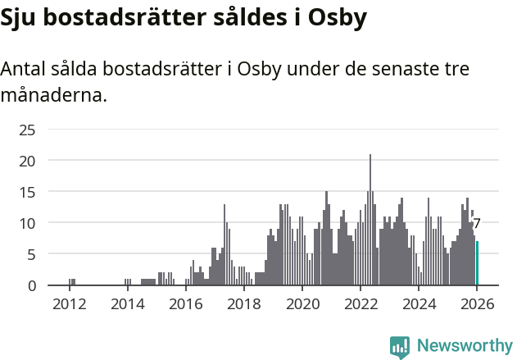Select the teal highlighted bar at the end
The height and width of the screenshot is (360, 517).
tap(477, 263)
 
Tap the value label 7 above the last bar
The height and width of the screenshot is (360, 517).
tap(477, 223)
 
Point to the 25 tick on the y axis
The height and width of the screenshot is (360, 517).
tap(27, 130)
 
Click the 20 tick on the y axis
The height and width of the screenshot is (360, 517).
tap(27, 161)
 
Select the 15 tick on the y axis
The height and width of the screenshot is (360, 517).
tap(27, 192)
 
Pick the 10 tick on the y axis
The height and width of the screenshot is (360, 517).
tap(27, 223)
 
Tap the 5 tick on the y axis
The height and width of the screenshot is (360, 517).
tap(31, 254)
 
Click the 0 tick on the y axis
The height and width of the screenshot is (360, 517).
tap(31, 285)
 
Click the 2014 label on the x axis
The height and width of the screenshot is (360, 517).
tap(127, 304)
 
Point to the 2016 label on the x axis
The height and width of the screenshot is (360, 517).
tap(185, 304)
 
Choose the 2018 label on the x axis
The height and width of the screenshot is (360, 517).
tap(243, 304)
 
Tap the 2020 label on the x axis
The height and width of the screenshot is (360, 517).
tap(302, 304)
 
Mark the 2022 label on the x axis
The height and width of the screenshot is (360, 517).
tap(361, 304)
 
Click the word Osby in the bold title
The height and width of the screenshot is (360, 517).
tap(336, 18)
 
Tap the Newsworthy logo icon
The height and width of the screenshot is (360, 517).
tap(400, 347)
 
